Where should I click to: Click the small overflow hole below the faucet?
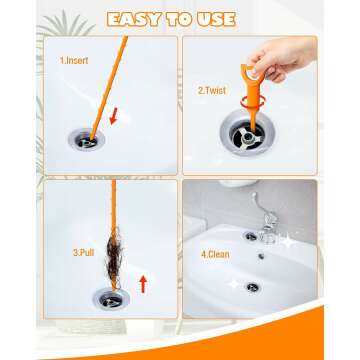[x=259, y=258]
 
